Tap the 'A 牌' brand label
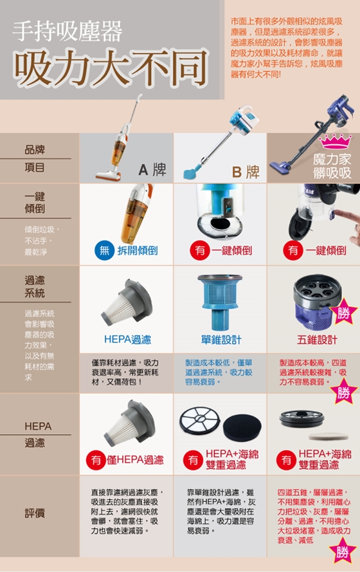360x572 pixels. [152, 170]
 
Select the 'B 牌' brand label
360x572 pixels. [246, 172]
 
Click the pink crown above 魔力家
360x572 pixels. [335, 142]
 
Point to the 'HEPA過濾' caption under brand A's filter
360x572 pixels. [127, 340]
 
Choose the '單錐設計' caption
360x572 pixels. [221, 340]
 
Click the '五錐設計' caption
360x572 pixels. [317, 340]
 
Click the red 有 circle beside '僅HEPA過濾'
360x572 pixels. [96, 460]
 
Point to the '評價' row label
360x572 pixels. [35, 513]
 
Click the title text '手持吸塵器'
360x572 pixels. [67, 32]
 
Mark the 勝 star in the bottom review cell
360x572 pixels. [342, 552]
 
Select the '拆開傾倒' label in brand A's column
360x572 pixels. [138, 251]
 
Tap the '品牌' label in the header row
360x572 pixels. [35, 150]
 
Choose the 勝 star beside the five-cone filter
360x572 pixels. [343, 312]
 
